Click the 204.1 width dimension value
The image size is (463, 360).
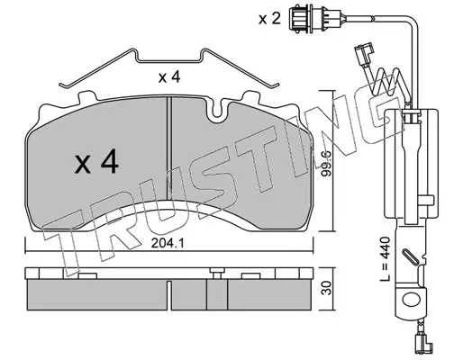pyautogui.click(x=168, y=243)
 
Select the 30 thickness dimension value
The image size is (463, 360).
pyautogui.click(x=326, y=288)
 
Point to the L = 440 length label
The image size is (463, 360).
pyautogui.click(x=385, y=259)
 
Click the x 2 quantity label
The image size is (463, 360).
pyautogui.click(x=269, y=19)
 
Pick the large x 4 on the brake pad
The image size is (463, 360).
pyautogui.click(x=96, y=163)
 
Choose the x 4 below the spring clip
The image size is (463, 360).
pyautogui.click(x=169, y=77)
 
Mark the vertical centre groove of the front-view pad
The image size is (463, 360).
pyautogui.click(x=168, y=148)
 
